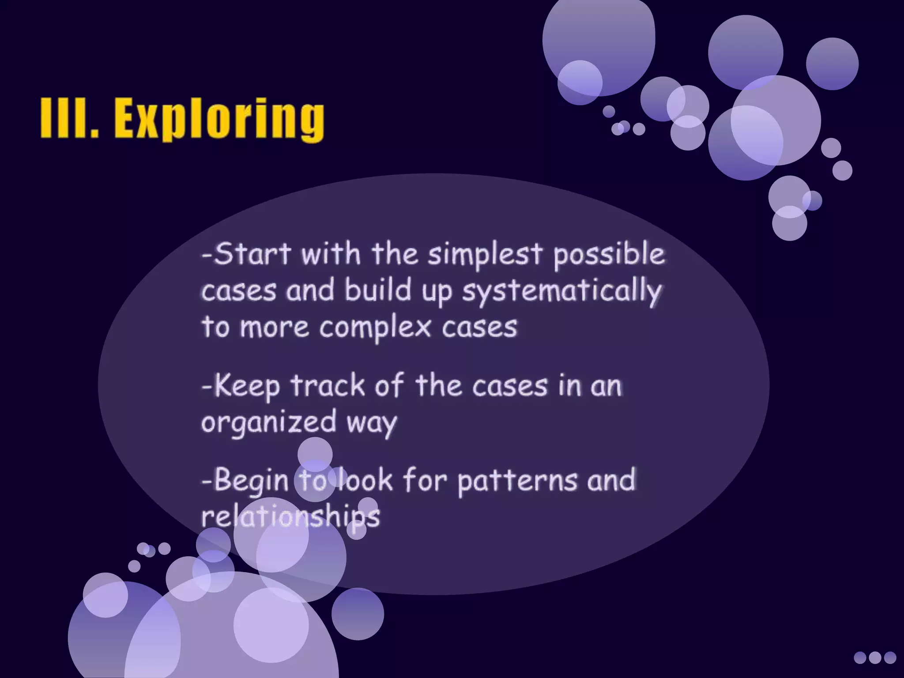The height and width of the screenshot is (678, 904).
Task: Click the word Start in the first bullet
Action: tap(252, 254)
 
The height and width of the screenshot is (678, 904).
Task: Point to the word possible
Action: tap(609, 255)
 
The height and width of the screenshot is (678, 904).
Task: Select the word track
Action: tap(328, 385)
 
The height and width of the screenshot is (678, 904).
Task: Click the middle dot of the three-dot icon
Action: tap(875, 657)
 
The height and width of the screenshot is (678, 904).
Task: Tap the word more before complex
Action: tap(274, 328)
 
